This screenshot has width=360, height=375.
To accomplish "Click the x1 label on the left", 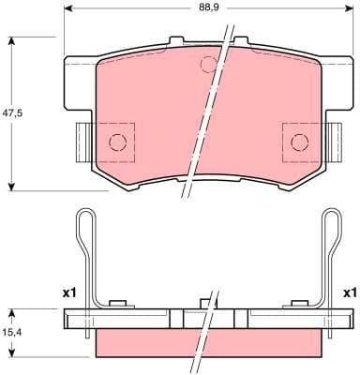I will click(68, 293).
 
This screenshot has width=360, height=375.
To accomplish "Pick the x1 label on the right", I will click(350, 293).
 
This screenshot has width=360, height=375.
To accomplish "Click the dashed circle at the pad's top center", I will click(209, 64).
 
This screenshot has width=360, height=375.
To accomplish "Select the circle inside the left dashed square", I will click(117, 142).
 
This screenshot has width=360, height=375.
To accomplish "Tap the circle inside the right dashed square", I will click(299, 142).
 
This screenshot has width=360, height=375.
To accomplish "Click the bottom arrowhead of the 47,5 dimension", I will click(11, 186).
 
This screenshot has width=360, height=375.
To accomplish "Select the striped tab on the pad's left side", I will click(82, 141).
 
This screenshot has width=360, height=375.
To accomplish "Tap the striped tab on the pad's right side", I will click(335, 141).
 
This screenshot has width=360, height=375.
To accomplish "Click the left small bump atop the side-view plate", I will click(117, 303).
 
